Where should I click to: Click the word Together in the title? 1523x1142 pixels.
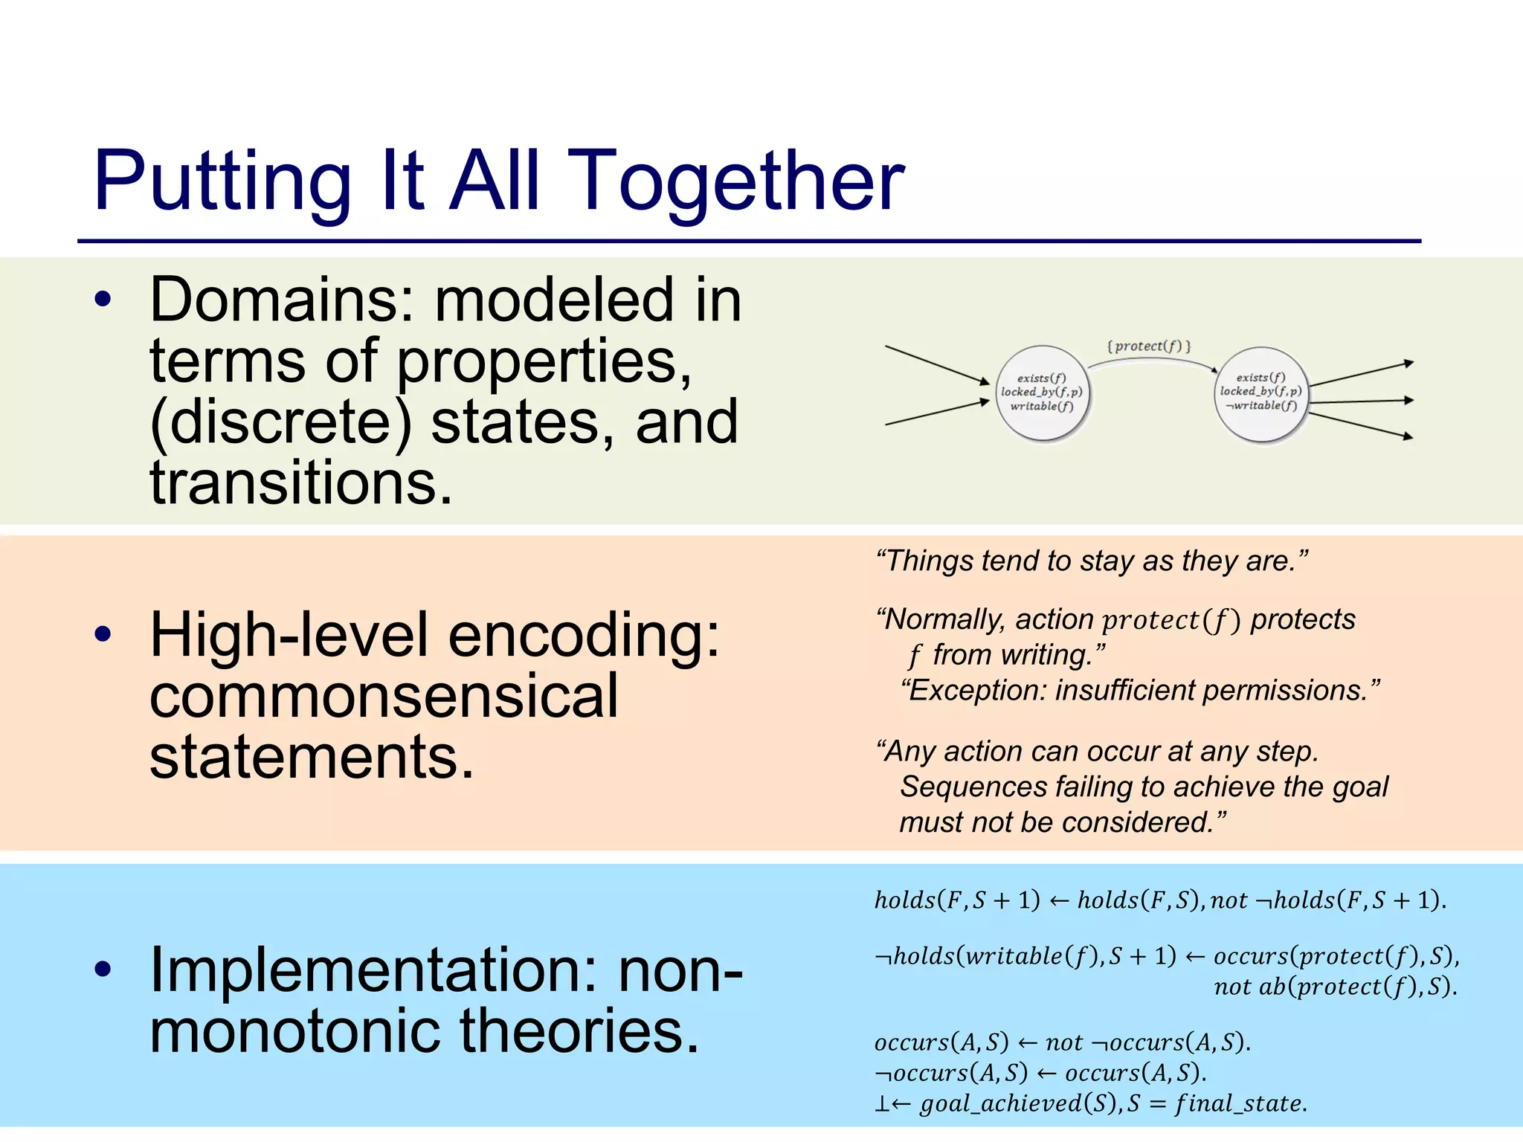[x=739, y=182]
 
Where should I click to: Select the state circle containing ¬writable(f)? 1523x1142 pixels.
[x=1261, y=393]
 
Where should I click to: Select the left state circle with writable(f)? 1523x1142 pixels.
[x=1043, y=393]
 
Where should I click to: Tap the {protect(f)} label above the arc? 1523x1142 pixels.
[x=1149, y=346]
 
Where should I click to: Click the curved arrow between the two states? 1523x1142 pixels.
[x=1151, y=360]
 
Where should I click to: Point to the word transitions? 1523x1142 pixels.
[x=300, y=483]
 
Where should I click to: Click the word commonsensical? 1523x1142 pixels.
[x=384, y=697]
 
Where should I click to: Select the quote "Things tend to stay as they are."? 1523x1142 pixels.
[x=1092, y=561]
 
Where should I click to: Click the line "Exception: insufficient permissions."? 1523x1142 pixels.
[x=1140, y=691]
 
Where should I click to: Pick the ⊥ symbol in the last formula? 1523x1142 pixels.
[x=882, y=1104]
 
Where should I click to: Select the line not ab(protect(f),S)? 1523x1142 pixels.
[x=1335, y=987]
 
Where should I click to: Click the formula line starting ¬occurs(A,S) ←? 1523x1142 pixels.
[x=1040, y=1073]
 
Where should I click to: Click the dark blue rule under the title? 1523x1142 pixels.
[x=749, y=241]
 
